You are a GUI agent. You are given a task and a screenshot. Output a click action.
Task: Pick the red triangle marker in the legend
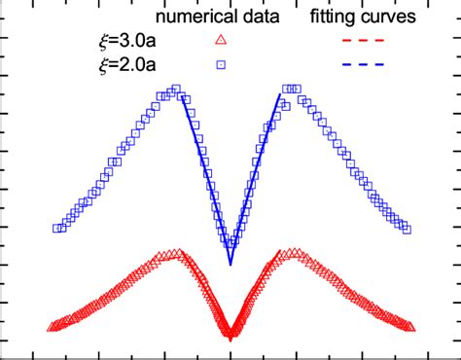click(221, 40)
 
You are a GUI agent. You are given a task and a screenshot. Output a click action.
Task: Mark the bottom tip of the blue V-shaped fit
click(230, 264)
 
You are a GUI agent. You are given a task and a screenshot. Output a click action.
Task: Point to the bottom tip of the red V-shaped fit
click(230, 339)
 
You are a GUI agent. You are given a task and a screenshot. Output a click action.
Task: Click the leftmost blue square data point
click(56, 229)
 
